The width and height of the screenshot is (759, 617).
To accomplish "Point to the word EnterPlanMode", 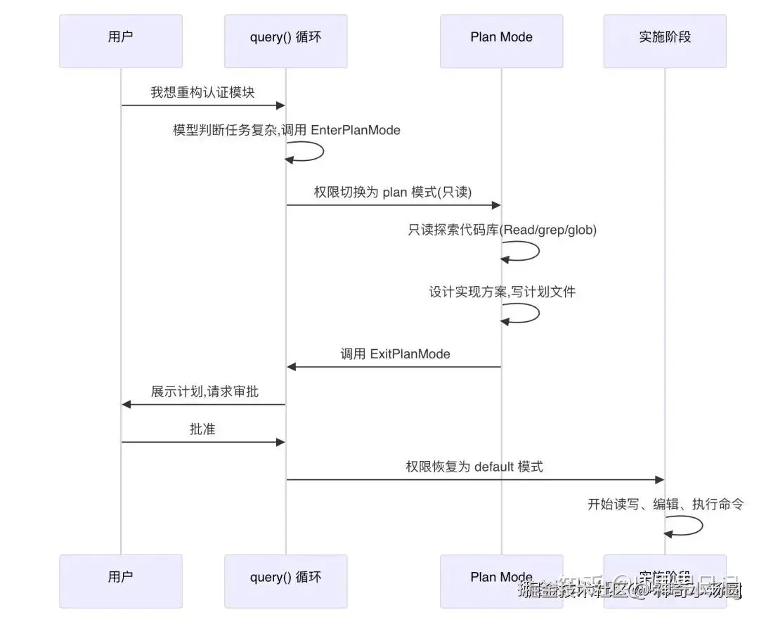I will tap(356, 130).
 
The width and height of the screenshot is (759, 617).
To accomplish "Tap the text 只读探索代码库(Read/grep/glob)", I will tap(502, 230).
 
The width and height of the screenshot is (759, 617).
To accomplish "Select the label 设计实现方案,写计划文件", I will tap(502, 292).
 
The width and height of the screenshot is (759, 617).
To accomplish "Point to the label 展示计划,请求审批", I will tap(205, 391).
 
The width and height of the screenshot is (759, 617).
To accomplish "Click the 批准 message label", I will tap(202, 429).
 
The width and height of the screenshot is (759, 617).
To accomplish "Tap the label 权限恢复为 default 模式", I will tap(474, 467).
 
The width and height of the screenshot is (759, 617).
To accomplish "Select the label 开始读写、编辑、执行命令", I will tap(665, 504).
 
